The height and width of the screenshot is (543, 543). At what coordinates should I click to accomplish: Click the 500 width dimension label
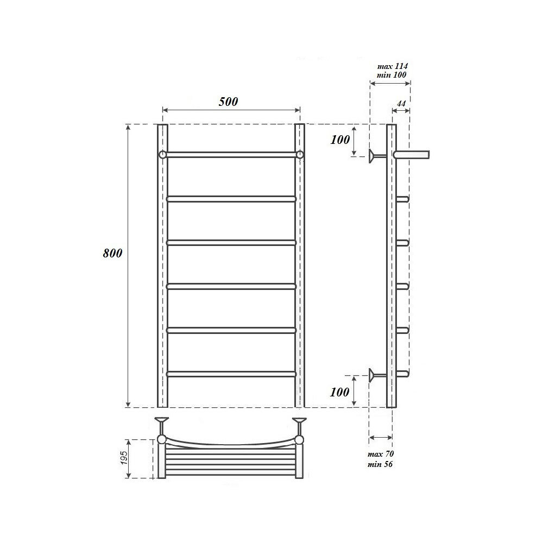pos(229,102)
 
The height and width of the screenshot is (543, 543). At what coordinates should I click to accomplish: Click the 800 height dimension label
pos(112,253)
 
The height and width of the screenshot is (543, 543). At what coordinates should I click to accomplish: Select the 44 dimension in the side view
pos(401,103)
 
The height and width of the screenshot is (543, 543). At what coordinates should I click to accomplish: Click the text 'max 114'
pos(392,66)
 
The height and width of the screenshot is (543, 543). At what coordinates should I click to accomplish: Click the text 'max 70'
pos(381,454)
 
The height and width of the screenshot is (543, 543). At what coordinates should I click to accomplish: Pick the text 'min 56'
pos(381,464)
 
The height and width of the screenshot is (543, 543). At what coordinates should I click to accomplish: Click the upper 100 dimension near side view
pos(340,140)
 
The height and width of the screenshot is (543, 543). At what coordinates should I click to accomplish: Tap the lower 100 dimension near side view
pos(340,392)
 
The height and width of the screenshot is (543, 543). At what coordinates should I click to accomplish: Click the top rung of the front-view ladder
pos(231,155)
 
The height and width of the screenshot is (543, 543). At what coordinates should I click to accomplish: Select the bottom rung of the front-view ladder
pos(231,374)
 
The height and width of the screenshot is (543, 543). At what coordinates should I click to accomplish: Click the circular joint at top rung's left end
pos(162,155)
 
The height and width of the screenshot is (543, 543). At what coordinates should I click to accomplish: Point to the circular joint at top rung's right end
pos(300,155)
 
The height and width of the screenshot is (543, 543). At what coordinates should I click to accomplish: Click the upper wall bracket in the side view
pos(375,155)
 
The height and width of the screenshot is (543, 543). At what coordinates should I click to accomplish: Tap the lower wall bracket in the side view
pos(375,374)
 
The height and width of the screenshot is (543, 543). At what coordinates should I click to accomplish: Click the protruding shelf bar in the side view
pos(413,155)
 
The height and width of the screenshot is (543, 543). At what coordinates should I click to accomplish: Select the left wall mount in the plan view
pos(162,421)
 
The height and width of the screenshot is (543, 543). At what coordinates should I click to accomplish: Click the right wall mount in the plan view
pos(299,421)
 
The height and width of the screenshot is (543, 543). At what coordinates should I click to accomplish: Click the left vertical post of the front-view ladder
pos(162,271)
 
